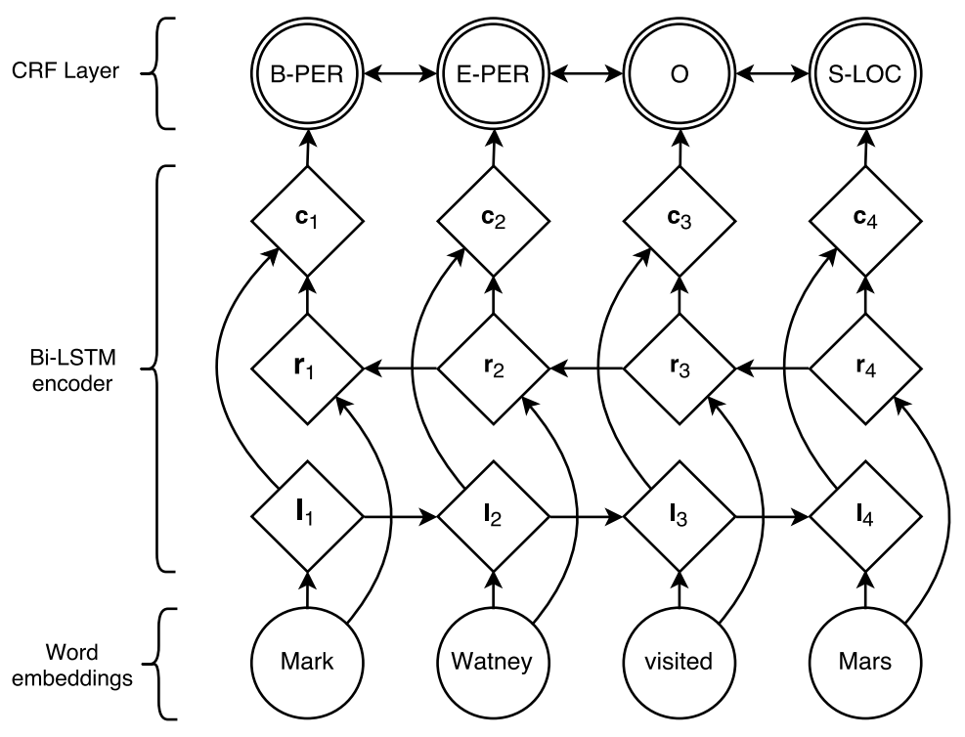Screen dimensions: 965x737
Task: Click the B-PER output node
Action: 307,74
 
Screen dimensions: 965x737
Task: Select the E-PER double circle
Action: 494,74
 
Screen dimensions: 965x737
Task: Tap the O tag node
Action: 680,74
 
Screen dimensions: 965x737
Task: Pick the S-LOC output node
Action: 865,74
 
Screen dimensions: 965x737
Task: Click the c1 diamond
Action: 307,221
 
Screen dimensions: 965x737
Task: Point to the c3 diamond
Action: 680,221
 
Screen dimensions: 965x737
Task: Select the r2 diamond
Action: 494,369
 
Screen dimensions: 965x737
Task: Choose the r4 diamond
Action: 865,369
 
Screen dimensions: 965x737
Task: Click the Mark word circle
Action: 307,663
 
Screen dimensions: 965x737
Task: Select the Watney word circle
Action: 494,663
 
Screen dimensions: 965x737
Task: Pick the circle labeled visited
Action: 680,663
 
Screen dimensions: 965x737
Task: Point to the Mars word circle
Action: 865,663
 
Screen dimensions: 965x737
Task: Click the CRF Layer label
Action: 66,70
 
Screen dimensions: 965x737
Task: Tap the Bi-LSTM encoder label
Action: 72,370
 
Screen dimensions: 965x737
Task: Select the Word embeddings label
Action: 72,665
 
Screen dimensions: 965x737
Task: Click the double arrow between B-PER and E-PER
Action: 401,74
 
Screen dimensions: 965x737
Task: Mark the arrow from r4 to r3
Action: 772,369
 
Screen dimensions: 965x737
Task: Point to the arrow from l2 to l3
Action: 586,517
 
